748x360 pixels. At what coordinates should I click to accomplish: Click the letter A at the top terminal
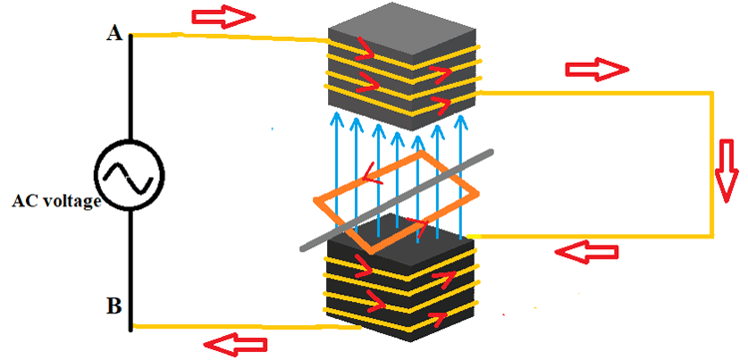point(113,34)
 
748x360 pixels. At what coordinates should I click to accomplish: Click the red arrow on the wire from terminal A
point(222,16)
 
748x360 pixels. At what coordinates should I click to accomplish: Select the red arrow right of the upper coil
point(597,70)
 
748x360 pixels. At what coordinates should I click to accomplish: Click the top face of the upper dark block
point(404,26)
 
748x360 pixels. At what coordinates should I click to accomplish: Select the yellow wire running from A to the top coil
point(229,38)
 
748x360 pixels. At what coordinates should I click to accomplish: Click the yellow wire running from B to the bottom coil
point(239,326)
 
